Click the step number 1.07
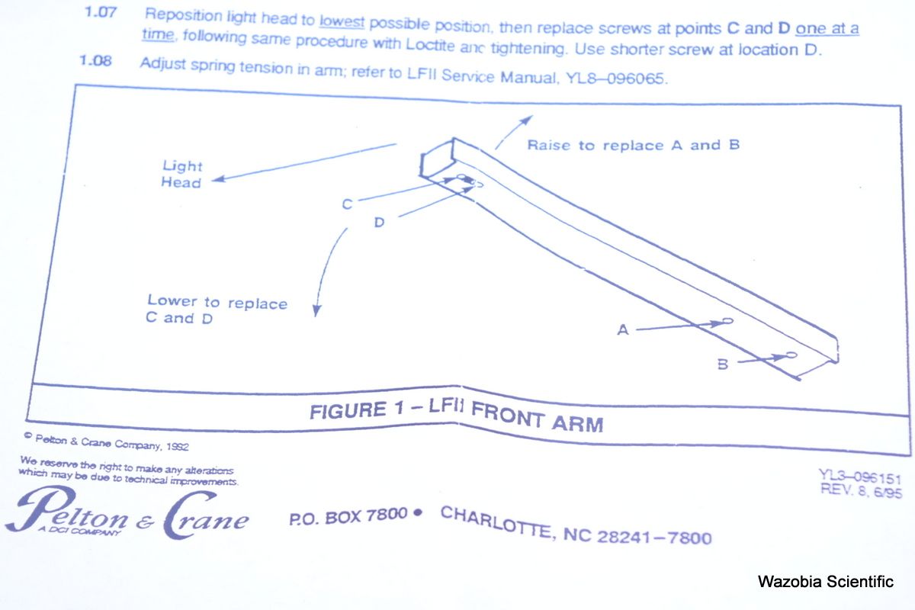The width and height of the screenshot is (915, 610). click(x=101, y=12)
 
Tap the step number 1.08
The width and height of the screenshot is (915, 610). click(x=95, y=60)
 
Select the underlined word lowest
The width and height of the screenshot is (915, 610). click(x=342, y=21)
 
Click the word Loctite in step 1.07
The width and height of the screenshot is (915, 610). click(x=430, y=44)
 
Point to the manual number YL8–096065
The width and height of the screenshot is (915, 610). click(x=616, y=78)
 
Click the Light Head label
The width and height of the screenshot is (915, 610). click(x=181, y=174)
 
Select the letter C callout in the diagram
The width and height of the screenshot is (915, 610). click(x=347, y=204)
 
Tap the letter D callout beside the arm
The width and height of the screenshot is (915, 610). click(x=379, y=222)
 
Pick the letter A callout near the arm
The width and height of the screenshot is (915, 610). click(x=623, y=329)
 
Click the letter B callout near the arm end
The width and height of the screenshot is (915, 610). click(x=723, y=364)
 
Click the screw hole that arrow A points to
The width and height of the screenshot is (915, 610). click(x=727, y=321)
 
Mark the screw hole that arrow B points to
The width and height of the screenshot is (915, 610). click(x=791, y=355)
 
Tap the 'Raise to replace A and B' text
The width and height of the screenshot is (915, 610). click(x=633, y=145)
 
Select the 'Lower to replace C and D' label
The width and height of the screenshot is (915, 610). click(x=217, y=310)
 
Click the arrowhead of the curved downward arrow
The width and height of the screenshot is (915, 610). click(x=316, y=311)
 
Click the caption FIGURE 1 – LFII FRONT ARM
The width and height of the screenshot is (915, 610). click(x=456, y=413)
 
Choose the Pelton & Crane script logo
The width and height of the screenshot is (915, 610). click(x=127, y=512)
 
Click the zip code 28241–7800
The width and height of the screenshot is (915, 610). click(x=654, y=537)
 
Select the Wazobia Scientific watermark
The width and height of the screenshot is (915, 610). click(x=826, y=581)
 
